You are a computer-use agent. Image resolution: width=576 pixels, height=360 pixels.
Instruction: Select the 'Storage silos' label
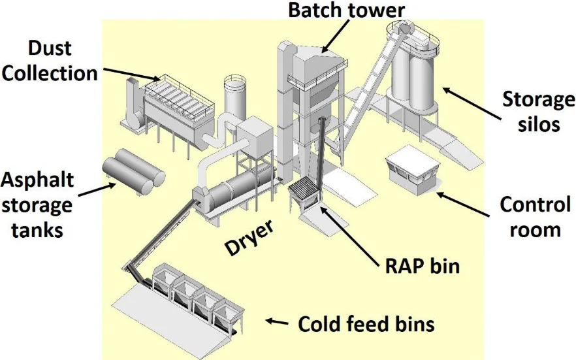539,111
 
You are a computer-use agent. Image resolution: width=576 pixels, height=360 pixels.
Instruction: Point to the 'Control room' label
535,217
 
